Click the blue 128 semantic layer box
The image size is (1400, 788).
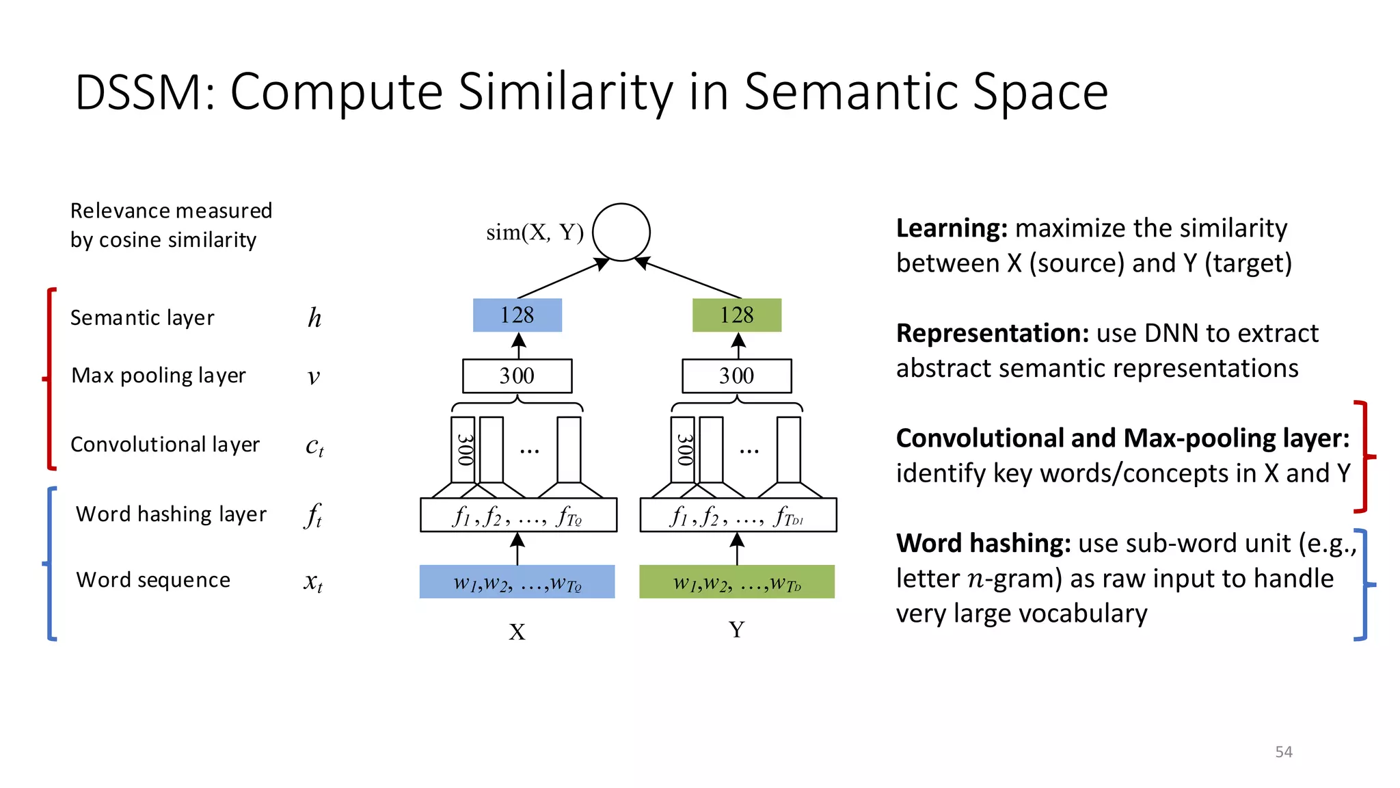(517, 315)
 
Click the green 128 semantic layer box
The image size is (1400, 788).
(737, 315)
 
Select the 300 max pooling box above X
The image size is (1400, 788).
(517, 376)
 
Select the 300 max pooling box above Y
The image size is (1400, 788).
(737, 376)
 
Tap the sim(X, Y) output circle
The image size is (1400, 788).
(621, 233)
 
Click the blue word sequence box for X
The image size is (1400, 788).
(517, 582)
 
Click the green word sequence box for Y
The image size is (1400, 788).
(737, 582)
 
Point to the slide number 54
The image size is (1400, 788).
(1284, 752)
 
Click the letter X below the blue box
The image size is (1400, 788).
(517, 631)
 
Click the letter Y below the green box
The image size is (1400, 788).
(736, 629)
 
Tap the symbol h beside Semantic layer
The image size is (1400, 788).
(314, 317)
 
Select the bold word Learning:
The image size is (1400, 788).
(952, 228)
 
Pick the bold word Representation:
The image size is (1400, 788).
(992, 333)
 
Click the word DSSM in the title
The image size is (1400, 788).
(145, 92)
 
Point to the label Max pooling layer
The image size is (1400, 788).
(159, 376)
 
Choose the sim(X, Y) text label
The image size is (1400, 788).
(535, 233)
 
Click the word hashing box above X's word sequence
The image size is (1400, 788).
(518, 515)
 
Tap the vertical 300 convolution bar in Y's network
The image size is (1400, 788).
(684, 449)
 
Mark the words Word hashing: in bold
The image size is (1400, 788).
(983, 543)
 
